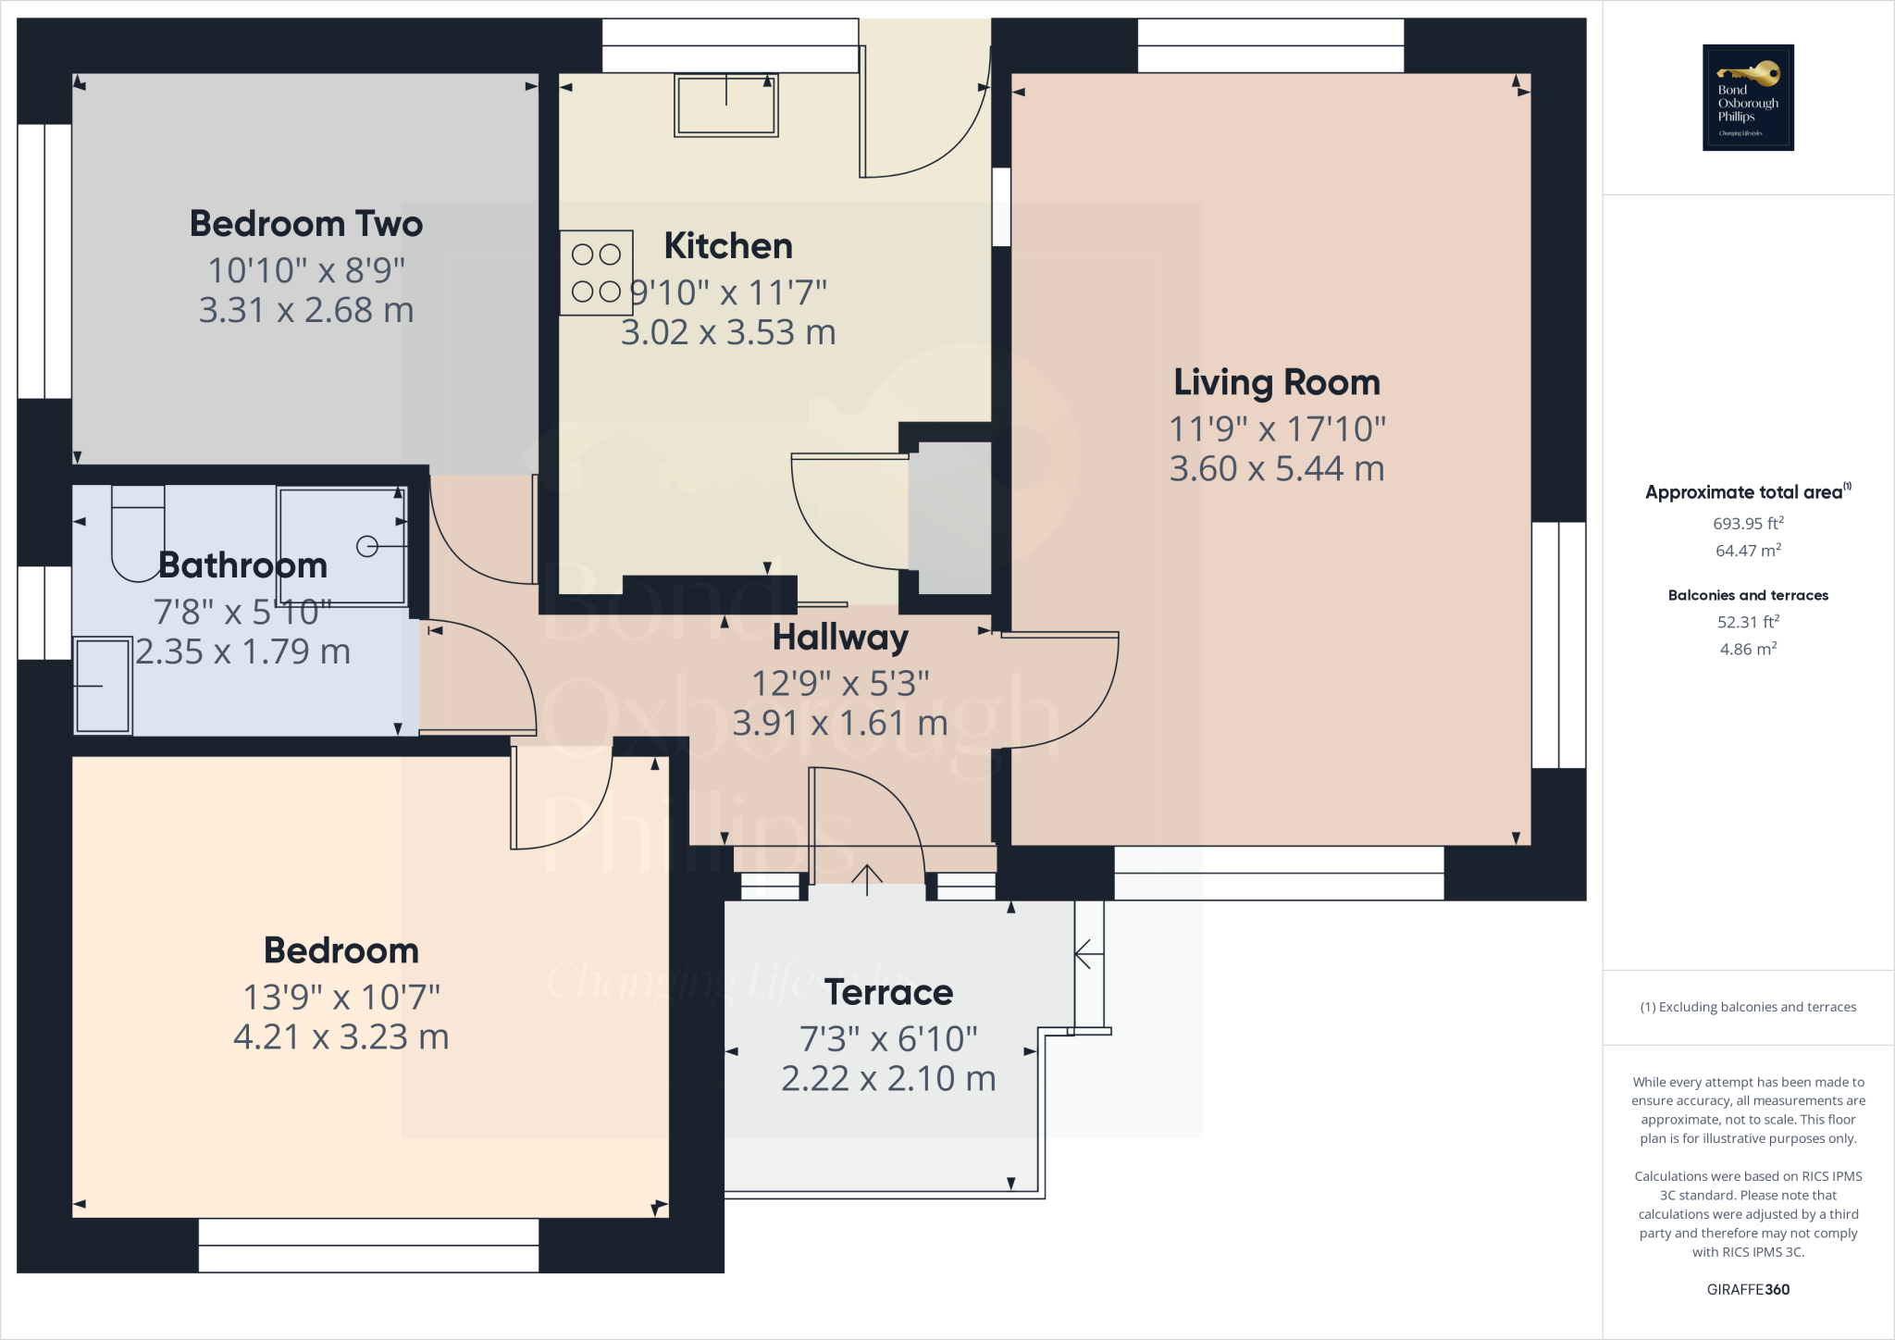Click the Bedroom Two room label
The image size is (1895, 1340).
point(306,224)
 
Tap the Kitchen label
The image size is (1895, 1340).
point(728,246)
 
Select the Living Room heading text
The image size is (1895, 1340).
point(1276,383)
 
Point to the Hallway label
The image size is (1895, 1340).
point(840,638)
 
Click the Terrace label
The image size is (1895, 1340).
point(888,993)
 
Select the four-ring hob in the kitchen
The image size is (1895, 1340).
point(596,273)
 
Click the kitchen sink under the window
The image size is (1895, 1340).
point(726,105)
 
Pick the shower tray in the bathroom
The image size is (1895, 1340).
point(342,547)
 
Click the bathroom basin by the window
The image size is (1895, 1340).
point(102,686)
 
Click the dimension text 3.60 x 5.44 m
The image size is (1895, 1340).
point(1276,469)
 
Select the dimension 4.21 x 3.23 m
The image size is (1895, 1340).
point(341,1037)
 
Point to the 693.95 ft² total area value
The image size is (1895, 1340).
point(1747,524)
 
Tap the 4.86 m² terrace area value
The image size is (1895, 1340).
point(1747,650)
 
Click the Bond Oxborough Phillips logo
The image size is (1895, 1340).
point(1748,97)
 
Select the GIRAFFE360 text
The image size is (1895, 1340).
point(1747,1289)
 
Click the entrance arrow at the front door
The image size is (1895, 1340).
point(866,879)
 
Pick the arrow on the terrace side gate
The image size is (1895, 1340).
point(1088,953)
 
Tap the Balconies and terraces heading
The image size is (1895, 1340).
point(1747,595)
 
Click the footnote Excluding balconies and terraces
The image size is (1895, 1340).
point(1747,1007)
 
